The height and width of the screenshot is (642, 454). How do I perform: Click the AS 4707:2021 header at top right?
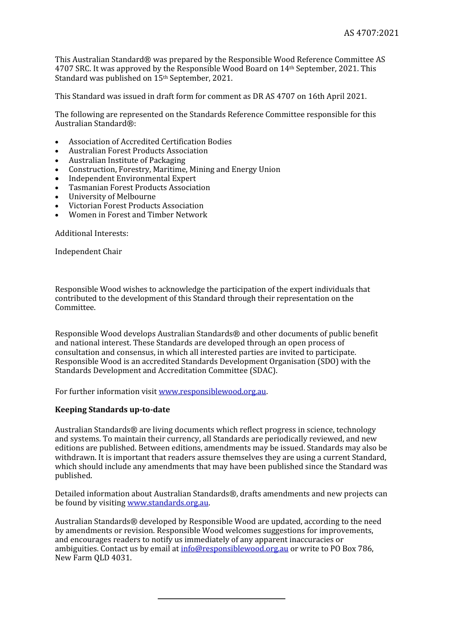pyautogui.click(x=371, y=33)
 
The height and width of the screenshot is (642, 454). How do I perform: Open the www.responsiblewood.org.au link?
pyautogui.click(x=212, y=392)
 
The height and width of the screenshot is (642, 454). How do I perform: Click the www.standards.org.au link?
pyautogui.click(x=168, y=503)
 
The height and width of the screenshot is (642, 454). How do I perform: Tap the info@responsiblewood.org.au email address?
pyautogui.click(x=234, y=549)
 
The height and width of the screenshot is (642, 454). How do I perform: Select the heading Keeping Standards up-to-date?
pyautogui.click(x=112, y=410)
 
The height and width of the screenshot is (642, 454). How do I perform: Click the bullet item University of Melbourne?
pyautogui.click(x=112, y=197)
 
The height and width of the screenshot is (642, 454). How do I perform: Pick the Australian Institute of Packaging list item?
pyautogui.click(x=127, y=160)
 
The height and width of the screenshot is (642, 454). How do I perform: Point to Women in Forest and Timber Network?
pyautogui.click(x=138, y=215)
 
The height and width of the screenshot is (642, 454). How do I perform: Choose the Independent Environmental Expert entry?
pyautogui.click(x=132, y=179)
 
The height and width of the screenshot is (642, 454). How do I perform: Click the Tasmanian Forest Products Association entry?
pyautogui.click(x=139, y=188)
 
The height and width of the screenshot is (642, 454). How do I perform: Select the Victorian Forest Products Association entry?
pyautogui.click(x=136, y=206)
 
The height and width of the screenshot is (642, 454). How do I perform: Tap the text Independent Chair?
pyautogui.click(x=88, y=252)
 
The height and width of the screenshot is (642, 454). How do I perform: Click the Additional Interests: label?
pyautogui.click(x=91, y=234)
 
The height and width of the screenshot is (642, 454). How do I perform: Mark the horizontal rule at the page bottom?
pyautogui.click(x=221, y=599)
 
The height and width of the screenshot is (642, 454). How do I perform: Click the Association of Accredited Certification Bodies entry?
pyautogui.click(x=150, y=142)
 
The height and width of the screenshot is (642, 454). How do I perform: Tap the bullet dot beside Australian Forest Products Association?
pyautogui.click(x=57, y=151)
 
